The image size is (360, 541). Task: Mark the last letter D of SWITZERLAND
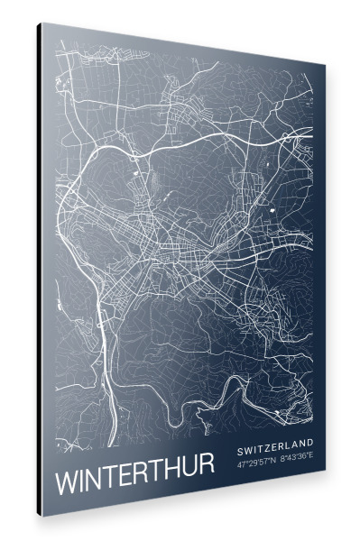point(310,443)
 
